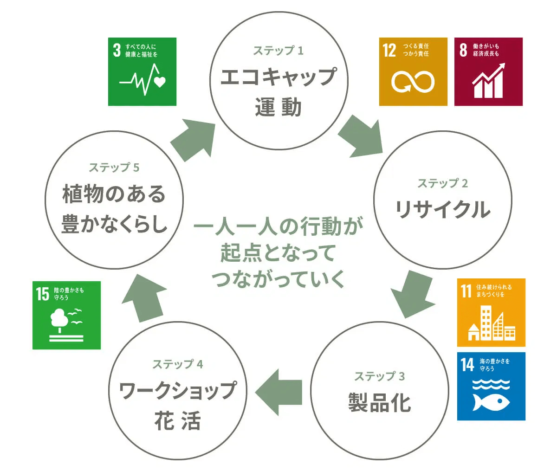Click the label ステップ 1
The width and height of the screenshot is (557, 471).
(x=278, y=51)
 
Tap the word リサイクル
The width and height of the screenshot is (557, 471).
(x=442, y=209)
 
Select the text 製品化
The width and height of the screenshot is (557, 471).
(x=380, y=402)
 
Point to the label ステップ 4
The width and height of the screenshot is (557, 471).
(x=178, y=364)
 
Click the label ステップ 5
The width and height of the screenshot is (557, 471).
(x=114, y=168)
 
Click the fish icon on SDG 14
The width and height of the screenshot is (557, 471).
(x=491, y=402)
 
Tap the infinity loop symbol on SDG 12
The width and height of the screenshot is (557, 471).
(x=413, y=82)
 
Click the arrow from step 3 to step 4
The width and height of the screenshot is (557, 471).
(x=279, y=392)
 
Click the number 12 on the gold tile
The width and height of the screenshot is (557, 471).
(x=389, y=50)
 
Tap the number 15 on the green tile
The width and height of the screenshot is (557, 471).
(x=43, y=294)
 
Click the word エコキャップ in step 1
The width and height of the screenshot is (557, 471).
(x=278, y=77)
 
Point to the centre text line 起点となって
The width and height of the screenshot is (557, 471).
(x=278, y=253)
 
